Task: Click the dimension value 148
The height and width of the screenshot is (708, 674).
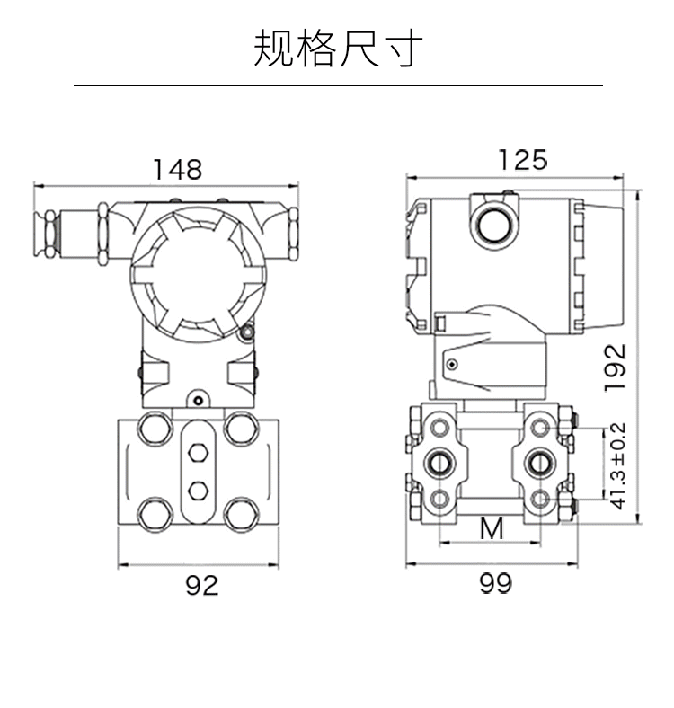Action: point(177,169)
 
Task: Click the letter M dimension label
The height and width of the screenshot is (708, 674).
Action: point(491,528)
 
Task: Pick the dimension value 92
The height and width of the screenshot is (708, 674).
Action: point(201,585)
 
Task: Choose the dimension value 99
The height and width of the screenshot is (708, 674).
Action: point(494,584)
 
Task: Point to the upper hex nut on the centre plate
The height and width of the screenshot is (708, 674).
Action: point(199,452)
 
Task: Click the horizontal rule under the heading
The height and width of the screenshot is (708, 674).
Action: point(337,85)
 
